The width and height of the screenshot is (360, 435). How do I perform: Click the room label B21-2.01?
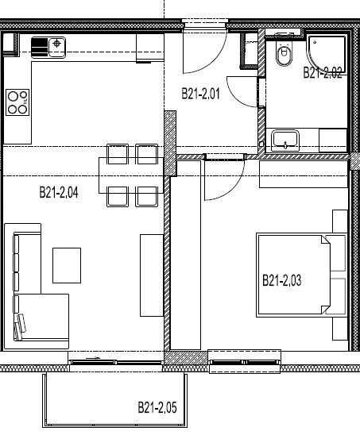tap(200, 94)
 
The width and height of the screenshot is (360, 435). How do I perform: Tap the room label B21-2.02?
tap(322, 73)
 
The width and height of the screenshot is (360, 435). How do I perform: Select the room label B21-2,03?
tap(281, 280)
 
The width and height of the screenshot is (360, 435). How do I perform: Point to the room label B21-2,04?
tap(59, 192)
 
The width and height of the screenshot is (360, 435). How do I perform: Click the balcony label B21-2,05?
tap(157, 407)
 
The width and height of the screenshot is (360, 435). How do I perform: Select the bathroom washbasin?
tap(285, 140)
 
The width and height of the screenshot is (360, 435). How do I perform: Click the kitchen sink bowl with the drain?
tap(57, 48)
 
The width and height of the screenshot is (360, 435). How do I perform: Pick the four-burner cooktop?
tap(17, 102)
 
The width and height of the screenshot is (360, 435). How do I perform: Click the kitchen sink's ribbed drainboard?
tap(40, 48)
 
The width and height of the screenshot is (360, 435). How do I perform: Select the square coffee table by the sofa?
tap(67, 265)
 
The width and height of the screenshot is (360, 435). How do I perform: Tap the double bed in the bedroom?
tap(302, 275)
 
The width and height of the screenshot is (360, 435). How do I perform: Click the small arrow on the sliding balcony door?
tap(93, 358)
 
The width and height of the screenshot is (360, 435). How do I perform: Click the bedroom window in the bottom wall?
tap(244, 362)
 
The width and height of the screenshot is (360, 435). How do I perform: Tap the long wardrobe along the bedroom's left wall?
tap(185, 255)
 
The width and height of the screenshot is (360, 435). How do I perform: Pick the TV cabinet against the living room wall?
tap(152, 275)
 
